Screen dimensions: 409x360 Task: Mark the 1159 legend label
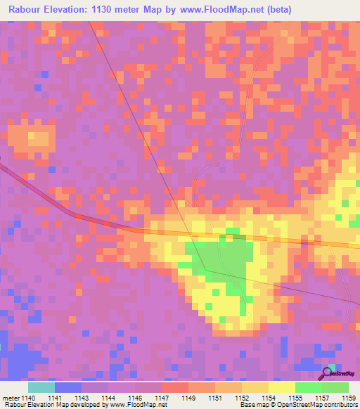(x=349, y=398)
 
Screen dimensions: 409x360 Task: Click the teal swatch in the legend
(x=41, y=387)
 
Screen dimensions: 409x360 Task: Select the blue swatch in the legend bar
(x=67, y=387)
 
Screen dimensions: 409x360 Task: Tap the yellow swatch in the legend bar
(x=281, y=387)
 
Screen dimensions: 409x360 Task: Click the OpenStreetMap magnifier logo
(x=328, y=373)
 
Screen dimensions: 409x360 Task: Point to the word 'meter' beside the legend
(x=11, y=398)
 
